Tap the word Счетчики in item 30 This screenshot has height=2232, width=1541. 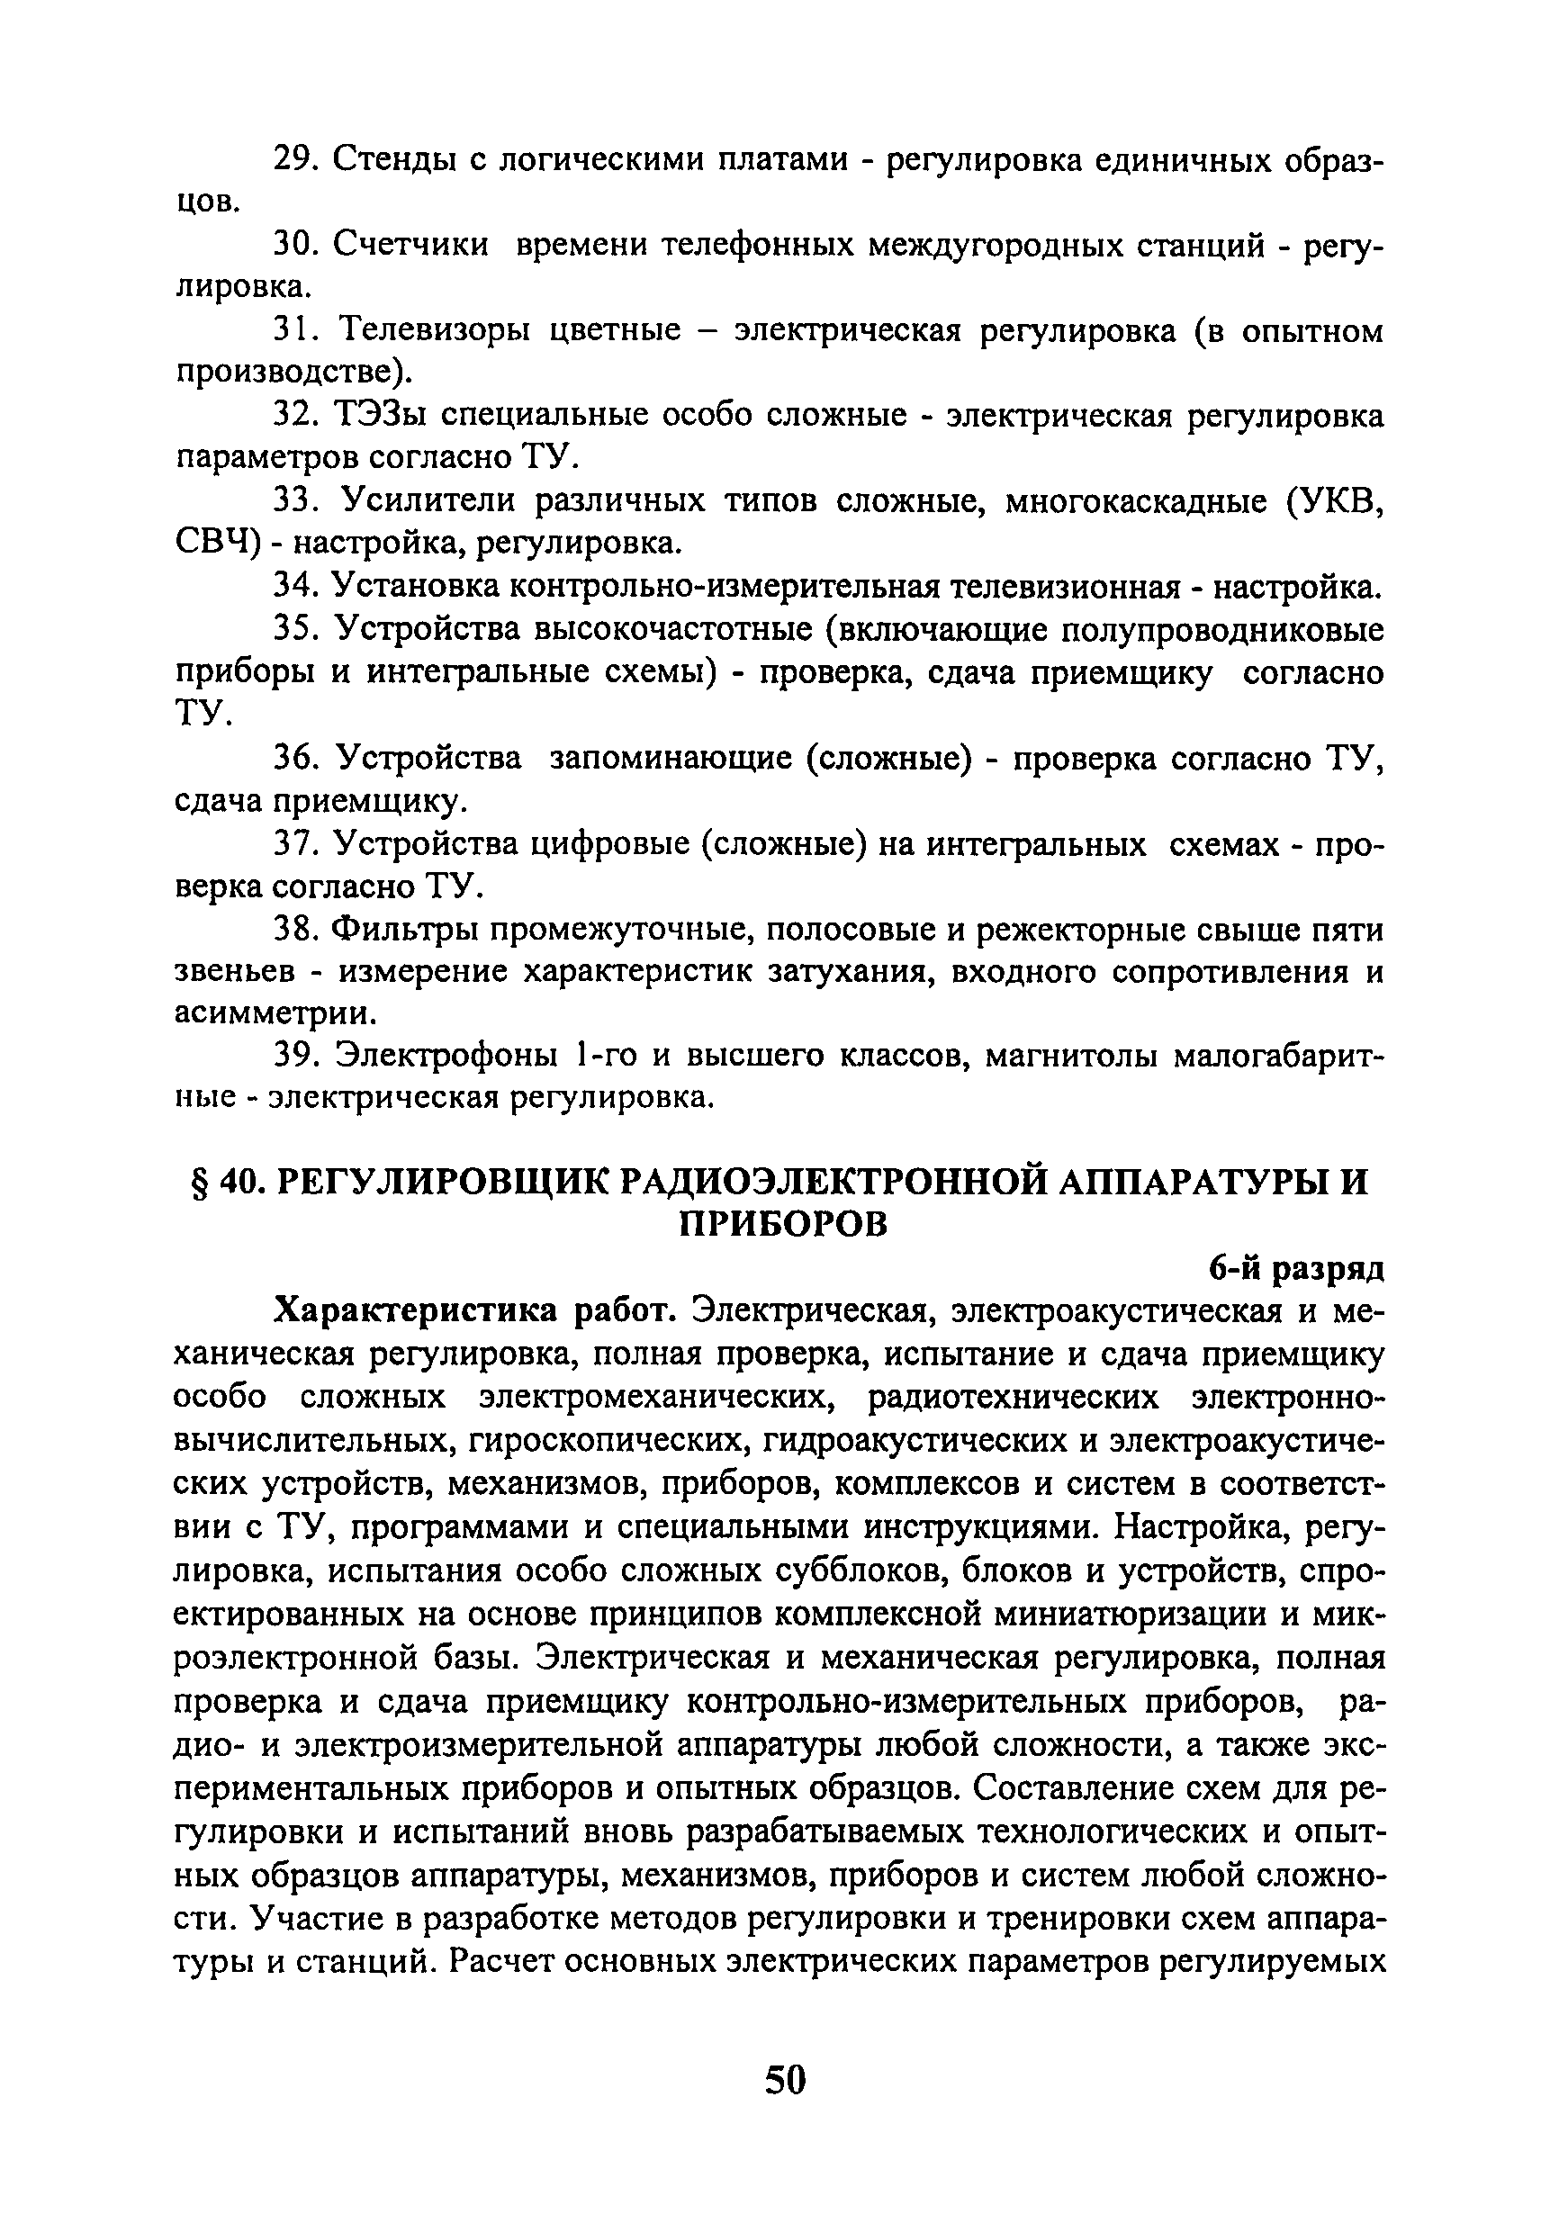pos(410,247)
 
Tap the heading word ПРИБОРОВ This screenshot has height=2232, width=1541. pos(783,1225)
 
